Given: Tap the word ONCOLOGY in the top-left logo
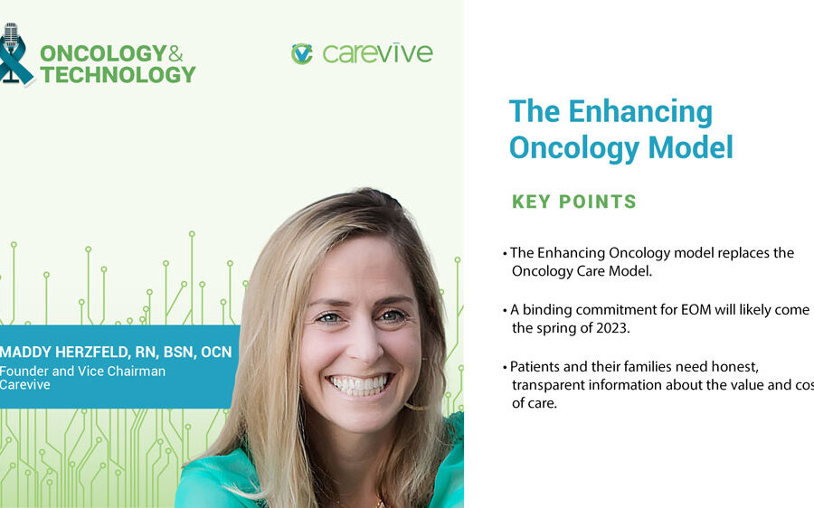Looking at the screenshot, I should click(x=102, y=53).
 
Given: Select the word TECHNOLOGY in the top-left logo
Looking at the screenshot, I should click(x=118, y=75).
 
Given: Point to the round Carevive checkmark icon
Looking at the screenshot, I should click(x=301, y=53).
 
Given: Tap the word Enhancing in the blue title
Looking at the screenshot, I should click(x=639, y=111).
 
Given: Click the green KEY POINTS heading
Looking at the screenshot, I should click(x=574, y=202).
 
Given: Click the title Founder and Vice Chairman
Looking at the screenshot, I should click(x=82, y=371).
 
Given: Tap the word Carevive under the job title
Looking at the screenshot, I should click(x=25, y=385).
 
